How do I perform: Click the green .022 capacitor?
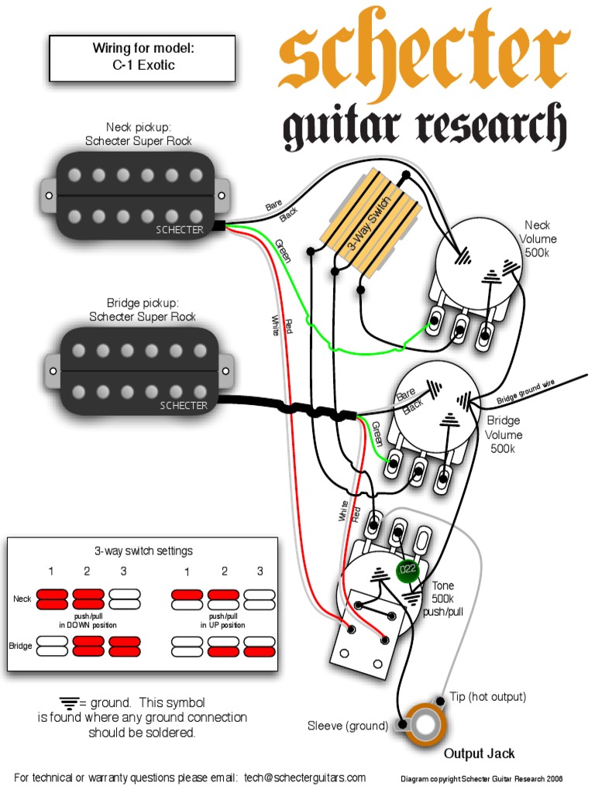click(408, 572)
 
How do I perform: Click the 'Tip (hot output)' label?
click(487, 697)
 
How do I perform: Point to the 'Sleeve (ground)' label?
click(347, 726)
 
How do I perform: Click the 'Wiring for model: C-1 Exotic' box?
click(143, 57)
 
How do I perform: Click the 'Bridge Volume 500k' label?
click(504, 434)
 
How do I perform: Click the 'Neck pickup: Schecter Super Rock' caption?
click(139, 133)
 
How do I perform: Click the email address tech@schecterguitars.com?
click(304, 777)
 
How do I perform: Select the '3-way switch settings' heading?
click(144, 551)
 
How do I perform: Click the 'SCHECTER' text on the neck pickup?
click(180, 230)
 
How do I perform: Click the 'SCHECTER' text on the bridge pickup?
click(184, 406)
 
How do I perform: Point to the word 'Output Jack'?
click(479, 754)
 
